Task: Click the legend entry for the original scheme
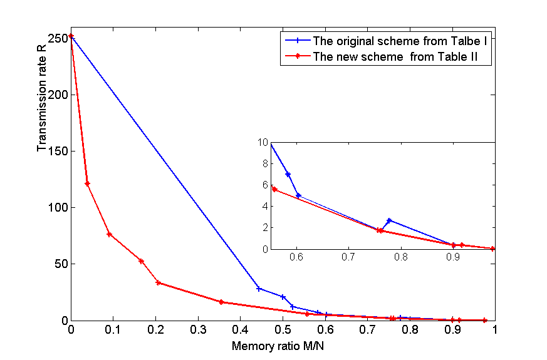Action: point(386,41)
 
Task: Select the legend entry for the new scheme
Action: point(381,56)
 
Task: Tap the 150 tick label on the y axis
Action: point(58,151)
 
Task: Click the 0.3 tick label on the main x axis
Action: point(198,330)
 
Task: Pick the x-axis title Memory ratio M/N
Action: point(278,346)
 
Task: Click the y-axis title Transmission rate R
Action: point(41,98)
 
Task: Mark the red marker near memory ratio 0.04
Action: point(87,183)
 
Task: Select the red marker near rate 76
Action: point(109,235)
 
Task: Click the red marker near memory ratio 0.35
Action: point(221,302)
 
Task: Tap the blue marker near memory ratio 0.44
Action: point(259,289)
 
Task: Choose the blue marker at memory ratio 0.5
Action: point(283,297)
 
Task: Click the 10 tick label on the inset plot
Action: point(263,142)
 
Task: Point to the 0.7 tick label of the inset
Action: point(348,257)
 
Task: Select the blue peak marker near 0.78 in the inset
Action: point(389,220)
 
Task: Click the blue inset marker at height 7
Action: point(288,174)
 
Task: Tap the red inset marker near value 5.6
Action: point(274,189)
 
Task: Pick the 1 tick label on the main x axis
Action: point(494,330)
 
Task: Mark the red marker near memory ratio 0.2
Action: point(158,282)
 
